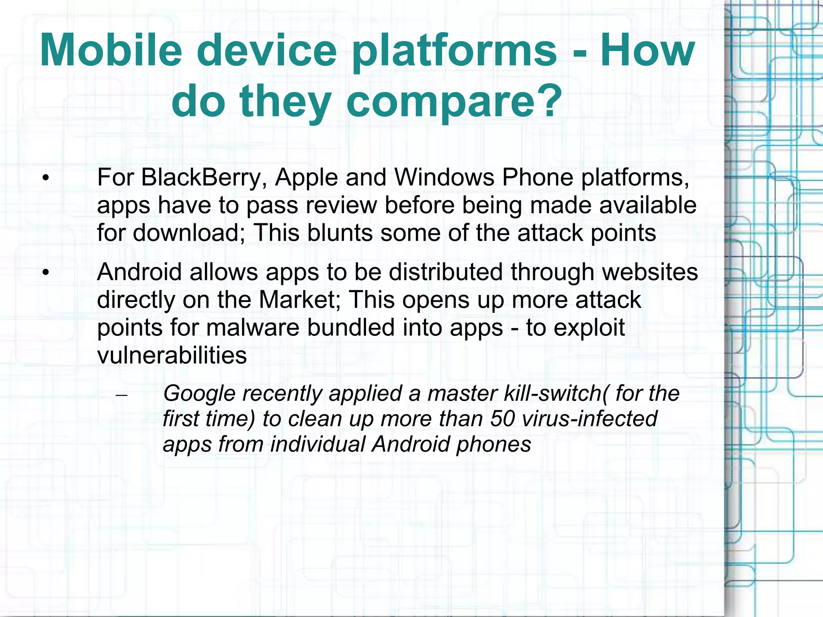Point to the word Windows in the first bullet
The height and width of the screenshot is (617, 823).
pyautogui.click(x=444, y=177)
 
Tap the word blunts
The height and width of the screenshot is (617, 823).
pyautogui.click(x=340, y=233)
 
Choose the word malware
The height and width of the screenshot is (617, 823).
pyautogui.click(x=253, y=327)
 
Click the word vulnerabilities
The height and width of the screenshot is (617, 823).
pyautogui.click(x=172, y=355)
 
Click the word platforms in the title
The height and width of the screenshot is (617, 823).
pyautogui.click(x=454, y=51)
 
